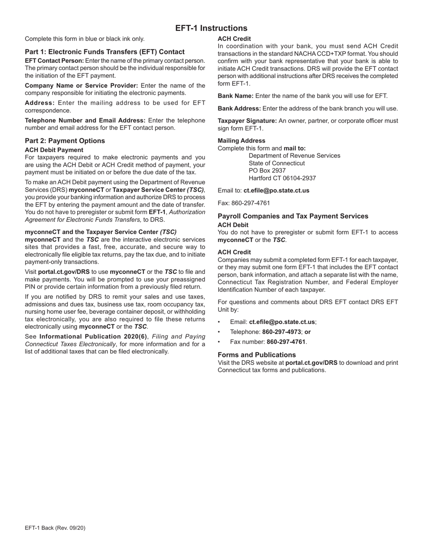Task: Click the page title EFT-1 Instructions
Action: click(211, 28)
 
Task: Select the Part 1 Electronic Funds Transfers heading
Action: click(105, 52)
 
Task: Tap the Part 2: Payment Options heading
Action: click(65, 141)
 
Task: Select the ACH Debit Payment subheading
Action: click(54, 150)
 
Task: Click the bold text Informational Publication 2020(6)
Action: click(93, 336)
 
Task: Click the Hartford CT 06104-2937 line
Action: click(282, 178)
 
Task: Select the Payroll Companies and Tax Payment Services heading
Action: click(293, 216)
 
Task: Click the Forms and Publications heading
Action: click(256, 355)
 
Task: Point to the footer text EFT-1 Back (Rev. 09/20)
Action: click(55, 528)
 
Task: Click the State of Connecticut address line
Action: click(277, 163)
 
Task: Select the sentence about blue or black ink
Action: click(85, 39)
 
